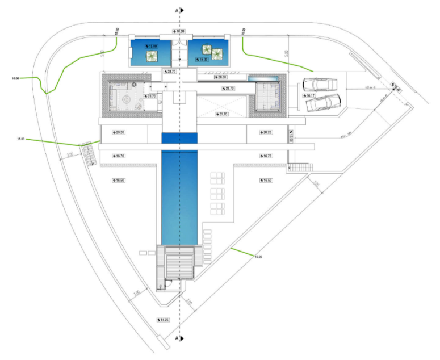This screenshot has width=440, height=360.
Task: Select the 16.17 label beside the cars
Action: (x=309, y=95)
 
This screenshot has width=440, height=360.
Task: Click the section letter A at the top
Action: (x=177, y=10)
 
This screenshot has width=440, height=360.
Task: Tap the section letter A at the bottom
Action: (x=177, y=339)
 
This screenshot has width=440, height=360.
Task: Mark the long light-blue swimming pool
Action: (x=179, y=193)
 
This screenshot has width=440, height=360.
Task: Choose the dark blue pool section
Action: (x=179, y=138)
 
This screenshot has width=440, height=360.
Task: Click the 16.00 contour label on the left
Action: (x=15, y=78)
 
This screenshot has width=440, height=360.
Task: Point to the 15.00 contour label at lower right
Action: (x=258, y=257)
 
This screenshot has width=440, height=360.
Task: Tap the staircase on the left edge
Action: (x=89, y=153)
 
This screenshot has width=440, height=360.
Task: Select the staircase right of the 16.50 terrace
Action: (x=299, y=168)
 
